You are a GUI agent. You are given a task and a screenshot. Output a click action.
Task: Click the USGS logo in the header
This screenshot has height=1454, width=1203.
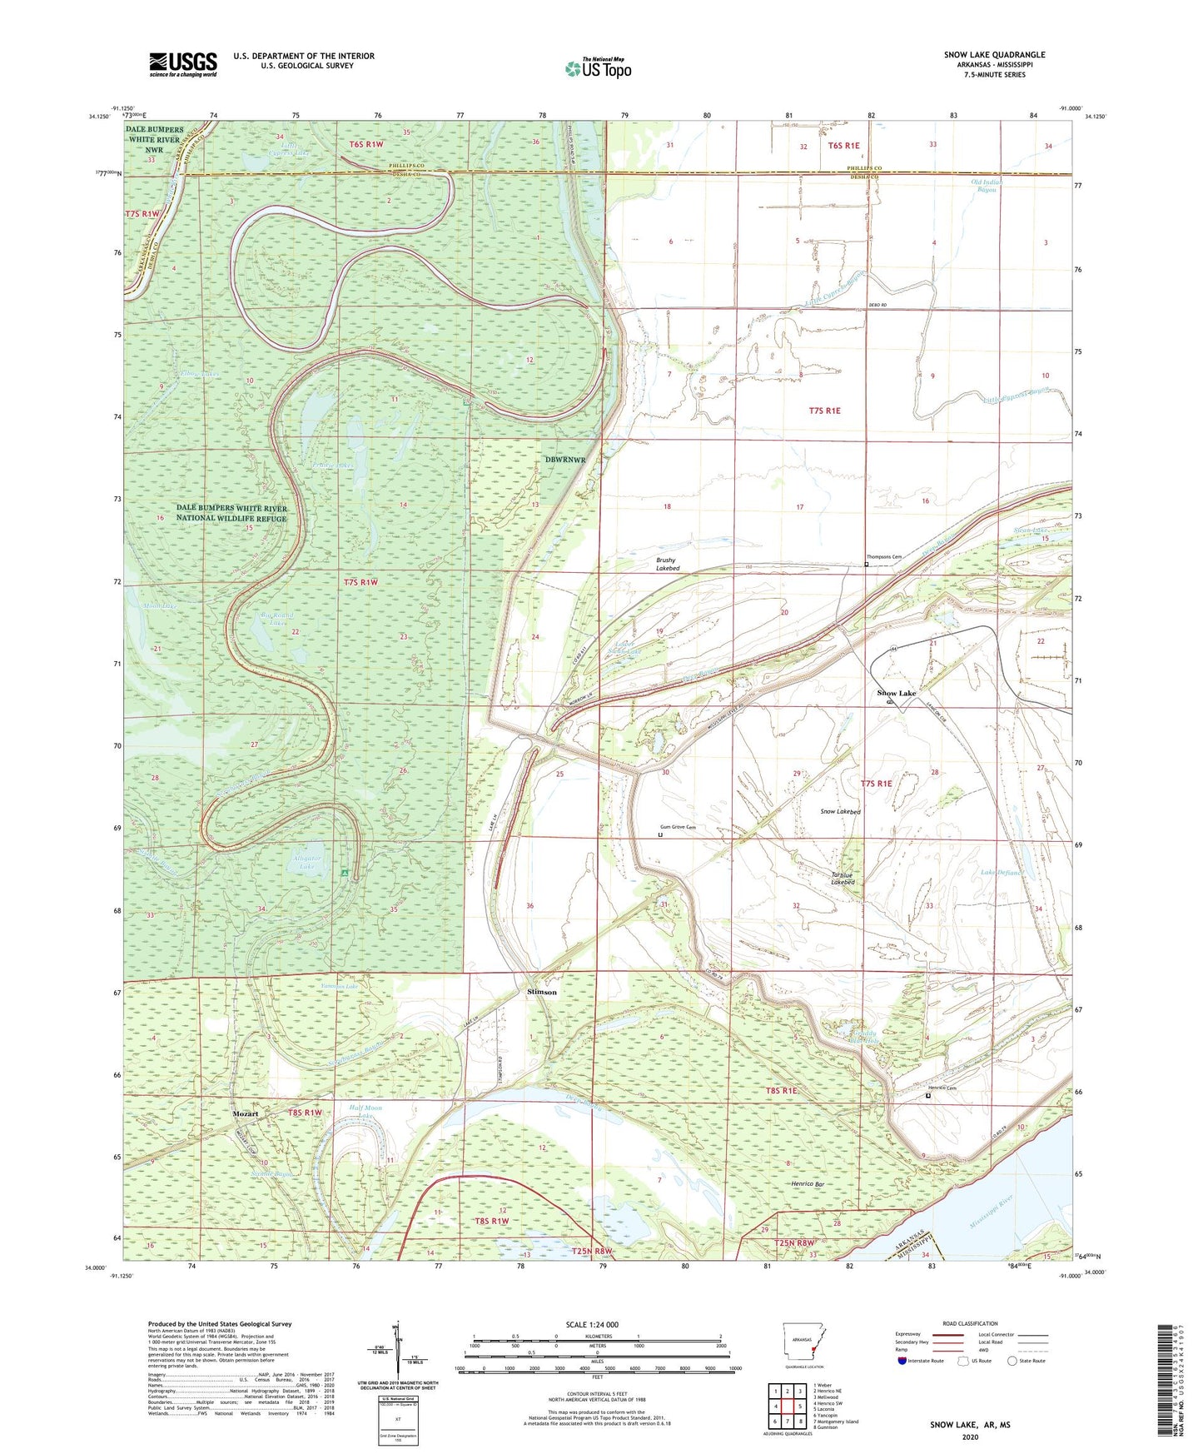pyautogui.click(x=183, y=63)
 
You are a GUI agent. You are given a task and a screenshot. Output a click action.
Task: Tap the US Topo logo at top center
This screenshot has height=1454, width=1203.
pyautogui.click(x=598, y=67)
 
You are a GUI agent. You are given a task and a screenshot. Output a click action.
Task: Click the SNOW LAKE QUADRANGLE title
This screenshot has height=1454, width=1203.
pyautogui.click(x=994, y=55)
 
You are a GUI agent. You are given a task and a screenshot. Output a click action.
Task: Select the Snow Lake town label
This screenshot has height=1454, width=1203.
pyautogui.click(x=897, y=693)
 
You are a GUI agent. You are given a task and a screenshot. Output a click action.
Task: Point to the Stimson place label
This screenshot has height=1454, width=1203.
pyautogui.click(x=542, y=992)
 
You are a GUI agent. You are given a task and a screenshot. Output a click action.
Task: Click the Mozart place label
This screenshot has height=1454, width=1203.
pyautogui.click(x=246, y=1113)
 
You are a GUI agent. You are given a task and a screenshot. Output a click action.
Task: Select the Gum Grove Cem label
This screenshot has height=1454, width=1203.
pyautogui.click(x=678, y=827)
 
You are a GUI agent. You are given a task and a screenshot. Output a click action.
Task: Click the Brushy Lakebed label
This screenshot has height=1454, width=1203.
pyautogui.click(x=668, y=564)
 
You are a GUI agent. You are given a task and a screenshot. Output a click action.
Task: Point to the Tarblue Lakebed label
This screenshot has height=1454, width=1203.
pyautogui.click(x=843, y=878)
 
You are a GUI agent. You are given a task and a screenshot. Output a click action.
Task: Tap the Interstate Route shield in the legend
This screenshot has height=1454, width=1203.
pyautogui.click(x=903, y=1361)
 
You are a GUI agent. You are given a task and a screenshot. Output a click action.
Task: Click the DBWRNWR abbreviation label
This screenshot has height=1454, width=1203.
pyautogui.click(x=565, y=460)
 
